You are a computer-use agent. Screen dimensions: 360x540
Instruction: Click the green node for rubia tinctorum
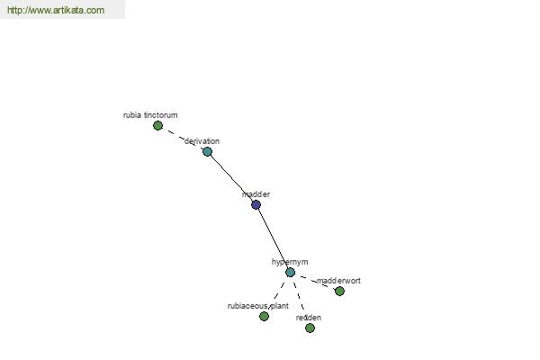[157, 125]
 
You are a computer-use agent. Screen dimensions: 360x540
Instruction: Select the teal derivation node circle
[207, 151]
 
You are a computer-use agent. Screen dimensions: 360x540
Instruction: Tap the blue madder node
[256, 204]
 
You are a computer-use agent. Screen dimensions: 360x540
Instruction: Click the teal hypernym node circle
[290, 272]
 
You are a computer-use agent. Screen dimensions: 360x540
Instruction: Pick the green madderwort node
[339, 291]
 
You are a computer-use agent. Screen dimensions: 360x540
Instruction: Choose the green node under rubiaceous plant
[264, 316]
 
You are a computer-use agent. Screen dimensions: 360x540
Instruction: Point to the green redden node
[310, 328]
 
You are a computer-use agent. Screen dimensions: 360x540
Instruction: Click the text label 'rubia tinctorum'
[150, 115]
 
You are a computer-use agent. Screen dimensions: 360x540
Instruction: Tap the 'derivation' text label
[202, 141]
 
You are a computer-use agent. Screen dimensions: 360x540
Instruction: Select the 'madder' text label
[256, 194]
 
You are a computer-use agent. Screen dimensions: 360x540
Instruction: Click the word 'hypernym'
[290, 262]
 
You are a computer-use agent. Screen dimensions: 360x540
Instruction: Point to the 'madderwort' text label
[338, 281]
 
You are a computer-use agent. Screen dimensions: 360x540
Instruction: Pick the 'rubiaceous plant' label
[258, 306]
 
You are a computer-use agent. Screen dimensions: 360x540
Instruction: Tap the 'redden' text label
[308, 318]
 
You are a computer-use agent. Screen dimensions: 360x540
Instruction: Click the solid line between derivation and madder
[231, 177]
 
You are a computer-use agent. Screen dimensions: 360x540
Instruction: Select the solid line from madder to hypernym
[273, 238]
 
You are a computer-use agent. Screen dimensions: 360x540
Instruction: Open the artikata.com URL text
[56, 11]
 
